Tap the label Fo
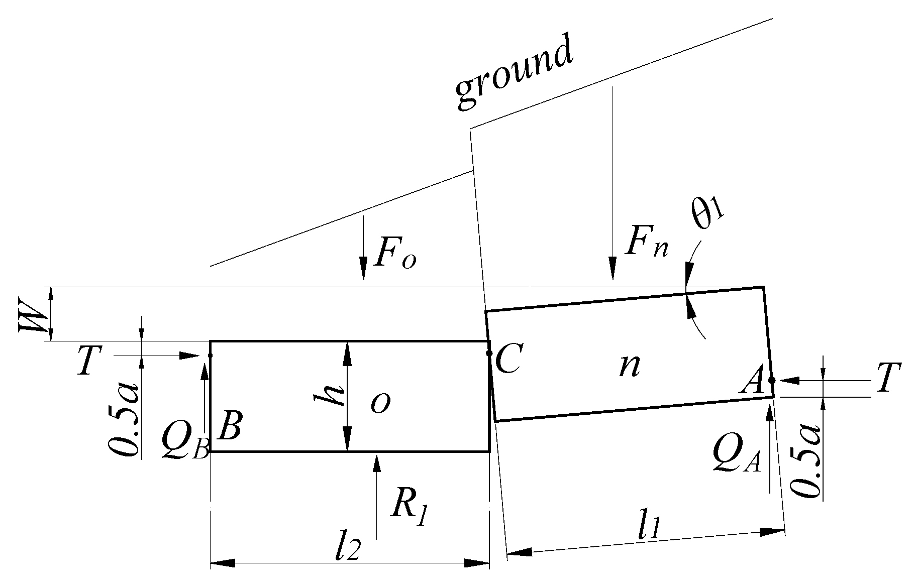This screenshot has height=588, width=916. pos(395,257)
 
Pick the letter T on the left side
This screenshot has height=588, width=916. pos(89,363)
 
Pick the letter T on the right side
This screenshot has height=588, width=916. pos(888,378)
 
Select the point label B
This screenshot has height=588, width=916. pos(231,426)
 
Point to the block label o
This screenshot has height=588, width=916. pos(380,402)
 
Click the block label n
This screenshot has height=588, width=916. pos(630,366)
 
